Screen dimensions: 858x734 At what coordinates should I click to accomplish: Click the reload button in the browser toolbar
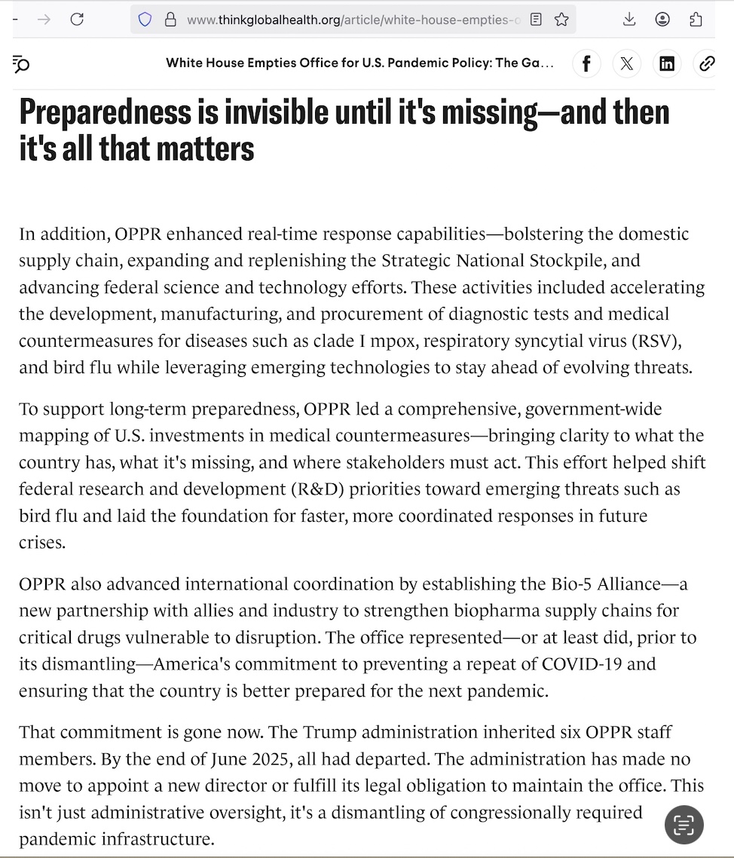click(x=77, y=20)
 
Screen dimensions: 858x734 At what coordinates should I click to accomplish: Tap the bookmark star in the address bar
click(x=561, y=20)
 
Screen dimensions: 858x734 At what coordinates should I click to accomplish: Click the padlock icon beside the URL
click(x=170, y=20)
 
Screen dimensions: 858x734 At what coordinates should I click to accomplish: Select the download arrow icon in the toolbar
click(x=629, y=20)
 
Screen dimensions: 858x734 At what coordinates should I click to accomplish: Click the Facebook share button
click(x=586, y=64)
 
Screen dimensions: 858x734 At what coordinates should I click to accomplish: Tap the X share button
click(x=626, y=64)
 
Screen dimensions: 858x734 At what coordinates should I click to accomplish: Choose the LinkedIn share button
click(x=667, y=64)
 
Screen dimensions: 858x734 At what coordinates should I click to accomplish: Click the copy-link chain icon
click(x=707, y=64)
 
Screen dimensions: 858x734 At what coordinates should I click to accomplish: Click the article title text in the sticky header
click(x=359, y=63)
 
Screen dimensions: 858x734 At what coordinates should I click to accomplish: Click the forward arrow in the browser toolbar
click(x=44, y=20)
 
